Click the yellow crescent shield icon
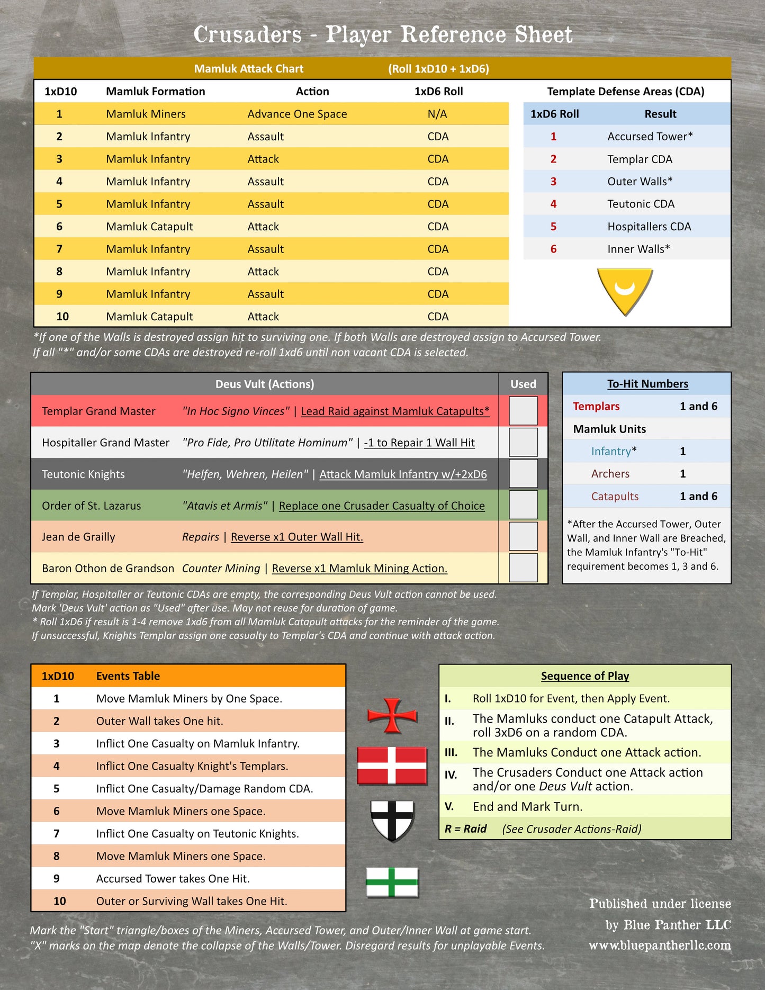pos(625,291)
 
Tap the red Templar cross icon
pos(392,716)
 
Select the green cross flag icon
pos(392,883)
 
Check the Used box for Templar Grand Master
pos(523,411)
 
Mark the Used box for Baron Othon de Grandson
pos(523,568)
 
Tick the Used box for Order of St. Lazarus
pos(523,505)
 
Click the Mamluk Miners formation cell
pos(146,114)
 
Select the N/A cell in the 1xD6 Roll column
pos(437,114)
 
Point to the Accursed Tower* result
pos(650,137)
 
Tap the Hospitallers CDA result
pos(649,227)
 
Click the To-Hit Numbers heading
pos(647,384)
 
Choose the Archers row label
pos(610,474)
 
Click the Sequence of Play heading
pos(585,676)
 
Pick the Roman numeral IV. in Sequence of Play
pos(451,775)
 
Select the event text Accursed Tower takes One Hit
pos(173,879)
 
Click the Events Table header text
pos(128,676)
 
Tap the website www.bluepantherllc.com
pos(660,945)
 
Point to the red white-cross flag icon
pos(392,765)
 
